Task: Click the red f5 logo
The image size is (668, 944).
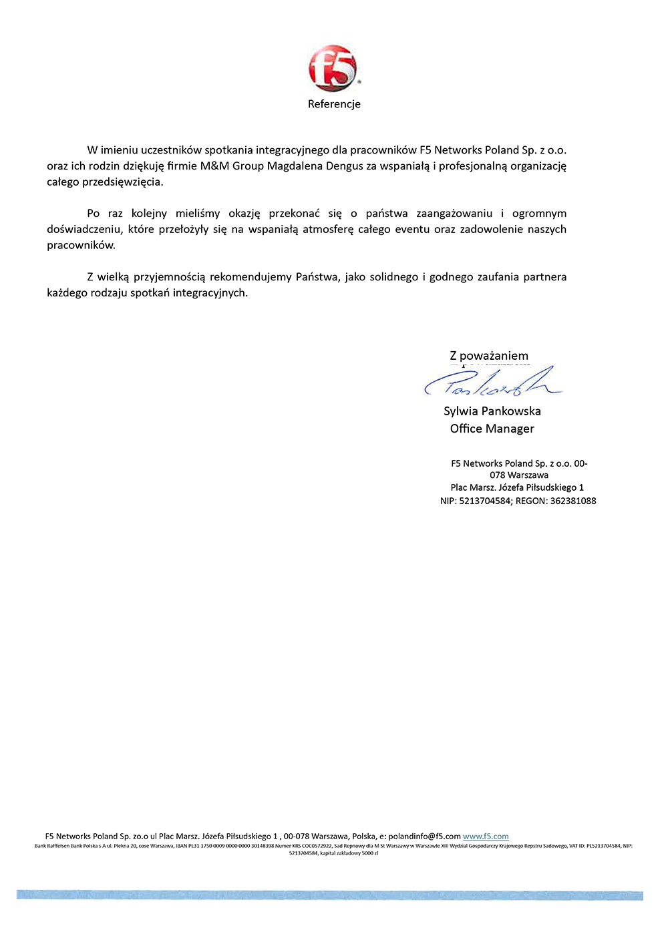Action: (x=333, y=68)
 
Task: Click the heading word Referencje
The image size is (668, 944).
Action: (x=334, y=104)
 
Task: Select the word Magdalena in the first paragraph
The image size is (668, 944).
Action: (x=295, y=166)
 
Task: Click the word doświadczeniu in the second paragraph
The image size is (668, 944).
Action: (x=85, y=230)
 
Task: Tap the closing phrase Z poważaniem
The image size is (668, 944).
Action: (x=489, y=356)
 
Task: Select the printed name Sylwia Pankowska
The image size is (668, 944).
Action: (x=492, y=411)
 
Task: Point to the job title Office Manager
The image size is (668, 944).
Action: (x=492, y=429)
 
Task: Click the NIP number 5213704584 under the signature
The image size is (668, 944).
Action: (x=485, y=501)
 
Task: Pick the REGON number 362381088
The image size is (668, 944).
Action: (x=573, y=501)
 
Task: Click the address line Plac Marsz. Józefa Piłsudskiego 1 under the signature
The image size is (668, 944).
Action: (x=517, y=487)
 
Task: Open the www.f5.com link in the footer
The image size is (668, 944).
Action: (x=486, y=837)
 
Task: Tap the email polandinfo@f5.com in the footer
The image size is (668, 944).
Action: (x=424, y=837)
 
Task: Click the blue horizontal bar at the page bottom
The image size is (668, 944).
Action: (x=330, y=895)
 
